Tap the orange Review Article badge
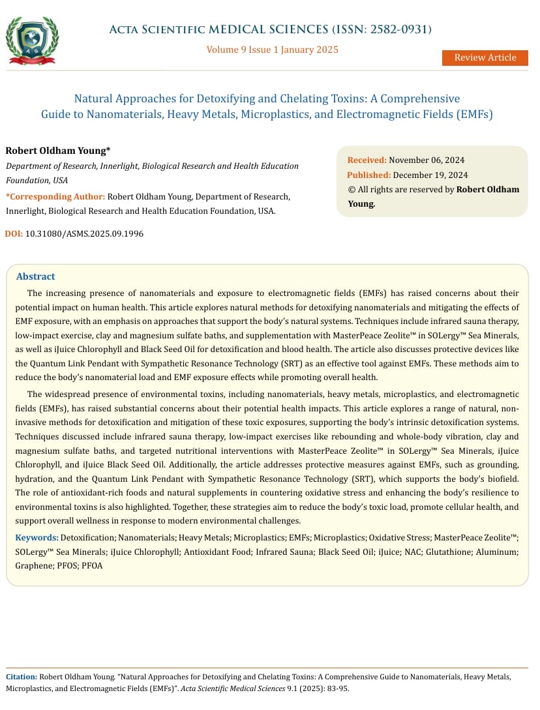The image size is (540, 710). click(485, 57)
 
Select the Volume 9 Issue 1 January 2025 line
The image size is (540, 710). click(272, 50)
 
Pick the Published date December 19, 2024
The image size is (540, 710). click(431, 175)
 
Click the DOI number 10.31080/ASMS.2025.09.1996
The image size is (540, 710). click(84, 233)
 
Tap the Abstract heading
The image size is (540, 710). click(35, 276)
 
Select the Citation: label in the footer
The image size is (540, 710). click(22, 677)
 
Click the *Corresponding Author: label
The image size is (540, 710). click(55, 196)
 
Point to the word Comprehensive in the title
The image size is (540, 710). click(420, 99)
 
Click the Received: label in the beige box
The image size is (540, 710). click(367, 160)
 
